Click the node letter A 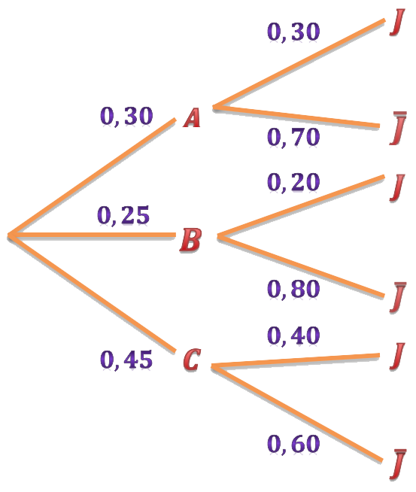[192, 117]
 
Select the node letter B [190, 240]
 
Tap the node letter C [191, 360]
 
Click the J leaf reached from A [397, 22]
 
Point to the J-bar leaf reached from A [398, 128]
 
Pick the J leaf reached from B [397, 187]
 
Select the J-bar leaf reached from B [398, 297]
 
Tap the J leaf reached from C [397, 356]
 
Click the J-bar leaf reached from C [398, 465]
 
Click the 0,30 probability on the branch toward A [126, 116]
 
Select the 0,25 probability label [123, 215]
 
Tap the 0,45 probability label [126, 360]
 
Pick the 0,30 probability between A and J [293, 32]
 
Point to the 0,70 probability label [293, 137]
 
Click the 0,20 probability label [293, 182]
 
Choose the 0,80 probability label [293, 289]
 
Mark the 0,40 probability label [293, 336]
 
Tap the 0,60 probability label [293, 444]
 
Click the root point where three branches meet [10, 235]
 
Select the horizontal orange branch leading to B [93, 235]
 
